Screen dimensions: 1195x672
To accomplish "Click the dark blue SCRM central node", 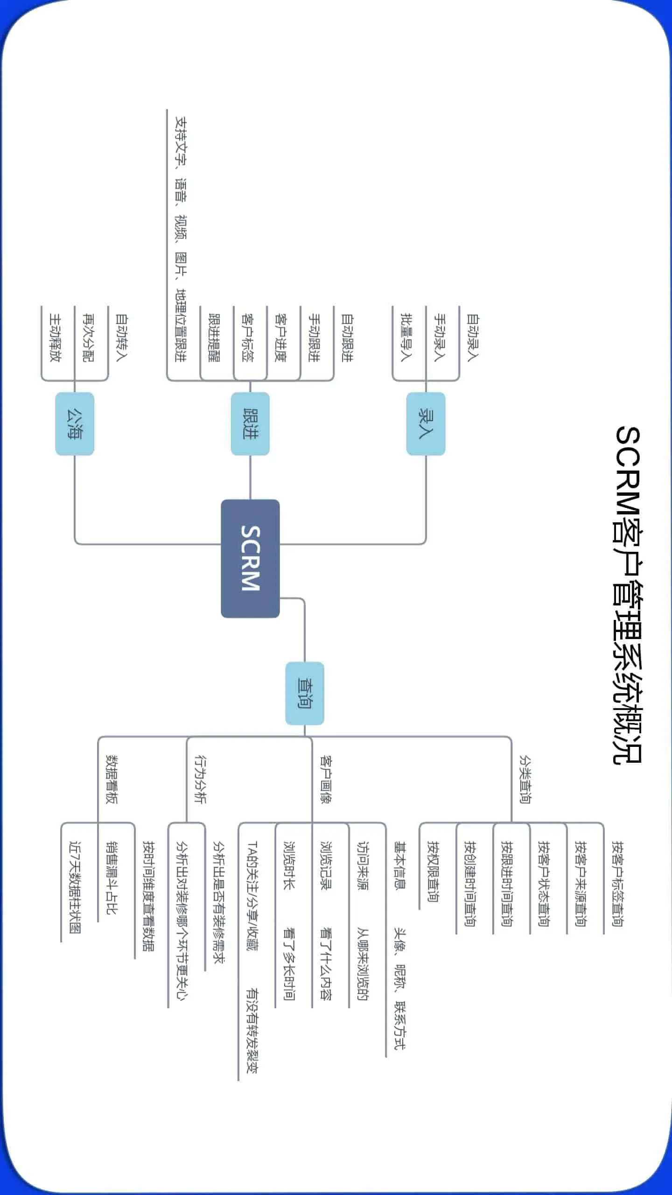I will click(250, 558).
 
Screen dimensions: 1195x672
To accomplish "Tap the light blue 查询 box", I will click(305, 693).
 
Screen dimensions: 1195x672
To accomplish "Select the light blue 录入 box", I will click(426, 423).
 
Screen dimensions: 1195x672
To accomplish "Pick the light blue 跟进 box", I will click(250, 423).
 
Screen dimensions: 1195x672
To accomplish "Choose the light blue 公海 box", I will click(75, 423).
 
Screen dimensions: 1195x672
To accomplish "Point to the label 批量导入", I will click(406, 337).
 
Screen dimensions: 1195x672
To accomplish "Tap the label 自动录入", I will click(472, 337).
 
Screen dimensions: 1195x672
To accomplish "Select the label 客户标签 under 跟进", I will click(247, 337).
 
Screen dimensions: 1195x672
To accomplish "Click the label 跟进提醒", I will click(213, 337).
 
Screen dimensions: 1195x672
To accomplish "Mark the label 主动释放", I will click(55, 337).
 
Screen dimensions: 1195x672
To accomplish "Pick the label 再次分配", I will click(88, 337).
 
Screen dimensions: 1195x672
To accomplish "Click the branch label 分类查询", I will click(525, 779).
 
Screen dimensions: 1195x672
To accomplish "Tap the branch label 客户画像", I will click(325, 779).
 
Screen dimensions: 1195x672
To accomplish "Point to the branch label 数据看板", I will click(112, 779).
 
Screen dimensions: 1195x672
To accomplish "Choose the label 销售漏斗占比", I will click(112, 878).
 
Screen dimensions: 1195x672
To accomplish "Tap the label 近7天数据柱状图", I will click(75, 887).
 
